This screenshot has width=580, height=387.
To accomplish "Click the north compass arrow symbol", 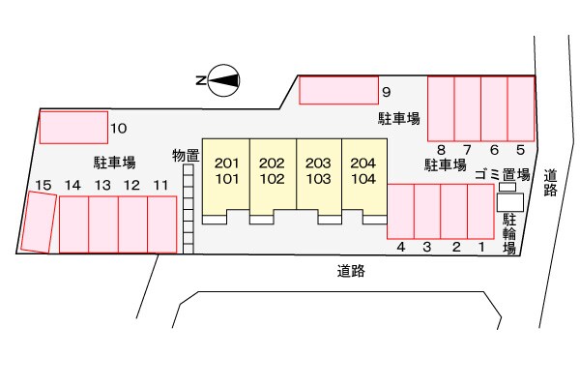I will pos(224,81).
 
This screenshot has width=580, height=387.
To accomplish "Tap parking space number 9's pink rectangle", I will pos(338,90).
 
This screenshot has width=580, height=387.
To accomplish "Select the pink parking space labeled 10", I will pos(73,127).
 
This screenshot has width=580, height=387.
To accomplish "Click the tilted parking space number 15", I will pos(39,222).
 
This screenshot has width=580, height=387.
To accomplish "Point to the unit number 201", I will pos(226,163).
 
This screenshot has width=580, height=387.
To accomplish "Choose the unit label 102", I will pos(272,178).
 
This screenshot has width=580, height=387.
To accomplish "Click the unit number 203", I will pos(318,163).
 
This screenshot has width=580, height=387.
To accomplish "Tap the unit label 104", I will pos(363,178).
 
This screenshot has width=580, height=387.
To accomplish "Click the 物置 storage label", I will pos(186,155).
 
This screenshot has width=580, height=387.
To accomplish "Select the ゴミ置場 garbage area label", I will pos(503,174).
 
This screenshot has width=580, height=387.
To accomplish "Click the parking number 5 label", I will pos(520,149).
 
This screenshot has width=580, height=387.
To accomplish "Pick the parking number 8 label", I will pos(441,149).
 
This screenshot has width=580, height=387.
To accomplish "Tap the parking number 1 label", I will pos(480,248).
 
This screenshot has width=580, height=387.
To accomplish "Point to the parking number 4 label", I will pos(400,248).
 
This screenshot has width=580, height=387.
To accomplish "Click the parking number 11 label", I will pos(160,185).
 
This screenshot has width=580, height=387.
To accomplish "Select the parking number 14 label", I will pos(72,185).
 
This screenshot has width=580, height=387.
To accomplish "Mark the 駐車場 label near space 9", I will pos(398,118).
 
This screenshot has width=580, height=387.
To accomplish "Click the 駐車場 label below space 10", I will pos(114,162).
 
